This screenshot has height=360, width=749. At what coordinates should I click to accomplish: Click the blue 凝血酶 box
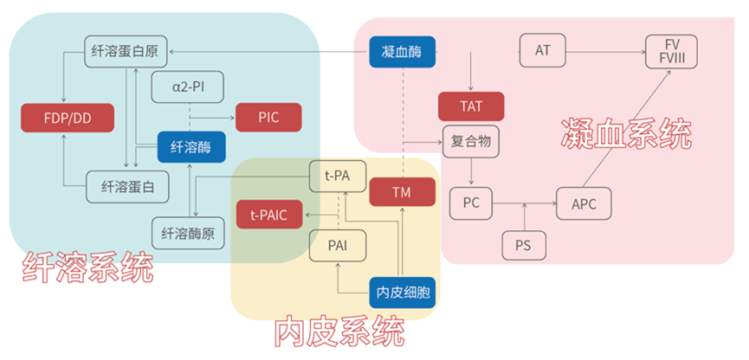point(402,51)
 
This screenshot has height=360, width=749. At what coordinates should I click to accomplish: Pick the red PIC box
point(268,116)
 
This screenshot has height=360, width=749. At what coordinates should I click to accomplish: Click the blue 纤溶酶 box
point(185,147)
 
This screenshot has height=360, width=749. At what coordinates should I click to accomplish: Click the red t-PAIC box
point(269,213)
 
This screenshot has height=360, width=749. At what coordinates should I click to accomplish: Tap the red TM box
point(401,192)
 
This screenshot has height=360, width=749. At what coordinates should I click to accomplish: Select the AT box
point(543,49)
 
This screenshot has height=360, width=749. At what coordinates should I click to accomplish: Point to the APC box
point(584,203)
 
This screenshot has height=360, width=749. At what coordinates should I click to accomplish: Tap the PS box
point(524,245)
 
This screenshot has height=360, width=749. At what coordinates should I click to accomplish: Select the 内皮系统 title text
point(339,332)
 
